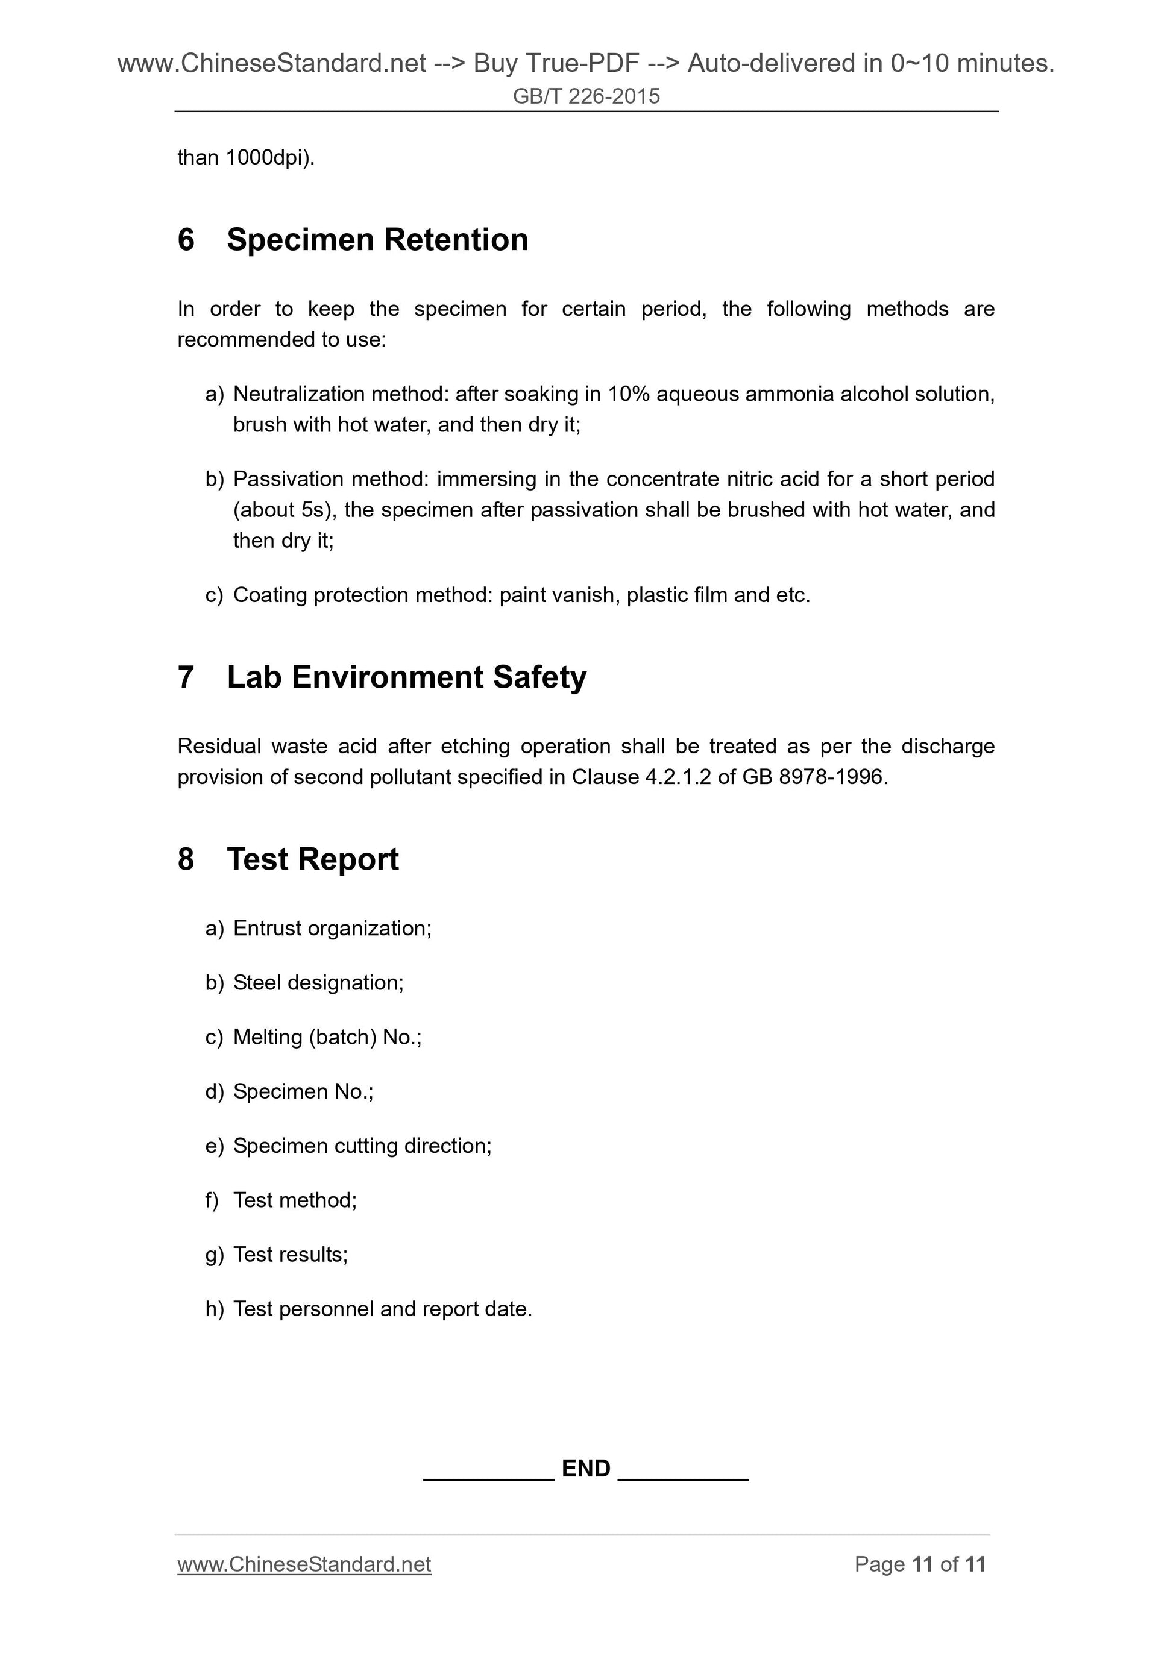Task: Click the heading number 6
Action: click(x=186, y=240)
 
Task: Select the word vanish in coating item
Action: click(x=585, y=595)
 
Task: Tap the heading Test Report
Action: click(x=312, y=859)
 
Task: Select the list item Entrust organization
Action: click(x=332, y=929)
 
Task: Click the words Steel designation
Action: click(x=318, y=983)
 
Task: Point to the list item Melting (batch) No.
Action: click(x=327, y=1037)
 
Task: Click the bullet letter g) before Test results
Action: click(x=214, y=1255)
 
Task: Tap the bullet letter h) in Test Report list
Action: click(x=214, y=1309)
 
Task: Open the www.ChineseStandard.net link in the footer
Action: click(x=304, y=1564)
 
